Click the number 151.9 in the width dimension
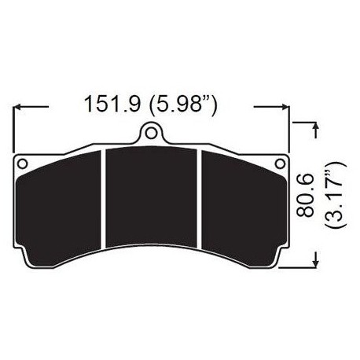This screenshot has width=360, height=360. (x=111, y=104)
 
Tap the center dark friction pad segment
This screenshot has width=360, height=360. (x=152, y=206)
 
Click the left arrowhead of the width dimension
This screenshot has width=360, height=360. (x=19, y=105)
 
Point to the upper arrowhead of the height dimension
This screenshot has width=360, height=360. (x=315, y=126)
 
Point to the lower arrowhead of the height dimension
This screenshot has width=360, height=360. (x=315, y=260)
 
